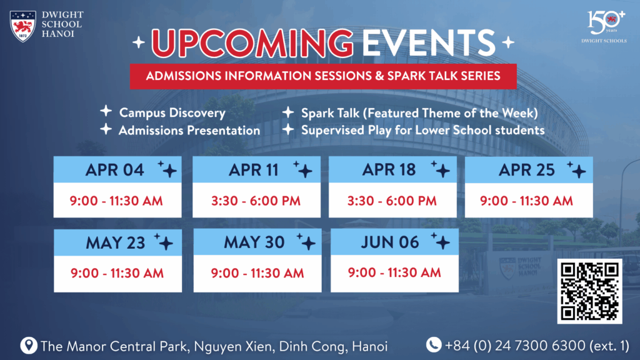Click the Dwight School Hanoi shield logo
click(x=23, y=26)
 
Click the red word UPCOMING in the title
click(x=252, y=43)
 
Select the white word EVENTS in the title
click(x=429, y=42)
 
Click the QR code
click(x=590, y=291)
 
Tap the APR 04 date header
click(x=117, y=169)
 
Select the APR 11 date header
click(x=256, y=169)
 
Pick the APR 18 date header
click(x=392, y=169)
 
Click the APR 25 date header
click(x=529, y=169)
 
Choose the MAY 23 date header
click(x=118, y=242)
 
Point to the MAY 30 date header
click(x=257, y=242)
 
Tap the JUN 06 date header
click(x=395, y=242)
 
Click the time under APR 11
click(x=256, y=201)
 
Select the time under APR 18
click(x=392, y=201)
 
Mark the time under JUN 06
click(x=394, y=272)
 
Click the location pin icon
click(x=29, y=345)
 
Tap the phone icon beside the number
click(x=434, y=345)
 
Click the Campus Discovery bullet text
click(x=172, y=113)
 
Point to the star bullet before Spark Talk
click(x=288, y=112)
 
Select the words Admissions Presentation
click(x=189, y=131)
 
